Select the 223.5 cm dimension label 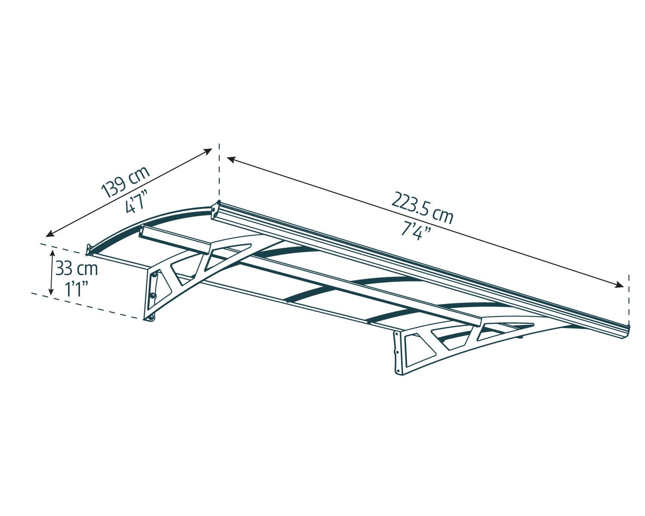click(x=422, y=208)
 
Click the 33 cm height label click(x=77, y=269)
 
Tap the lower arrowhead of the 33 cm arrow click(x=52, y=291)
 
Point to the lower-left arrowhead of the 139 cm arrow click(x=50, y=234)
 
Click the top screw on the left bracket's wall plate click(x=155, y=275)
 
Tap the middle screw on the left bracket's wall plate click(x=153, y=296)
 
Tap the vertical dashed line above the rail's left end click(x=219, y=171)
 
